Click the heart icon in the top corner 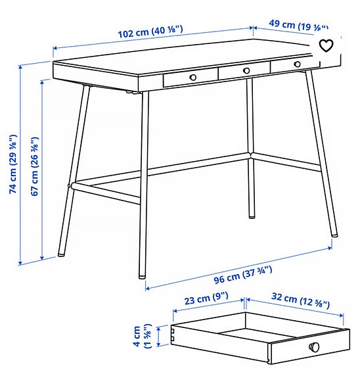326,45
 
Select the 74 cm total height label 12,164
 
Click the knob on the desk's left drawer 193,77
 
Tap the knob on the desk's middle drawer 246,70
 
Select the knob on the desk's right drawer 297,64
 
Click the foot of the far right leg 334,234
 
